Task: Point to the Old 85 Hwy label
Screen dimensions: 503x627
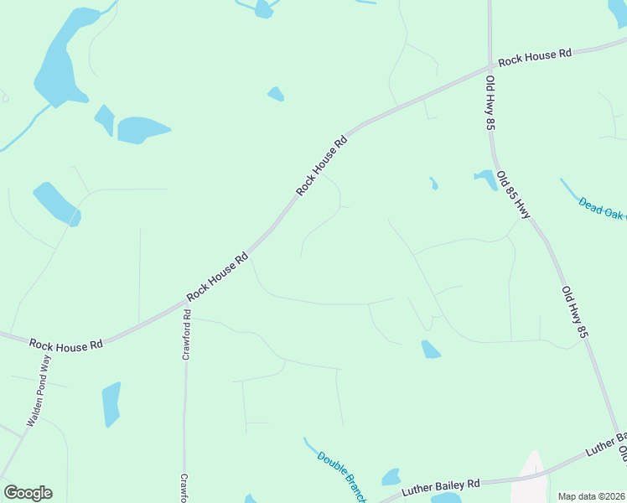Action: point(513,195)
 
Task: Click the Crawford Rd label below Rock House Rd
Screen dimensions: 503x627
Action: point(187,335)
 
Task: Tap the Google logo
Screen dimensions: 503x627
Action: point(28,493)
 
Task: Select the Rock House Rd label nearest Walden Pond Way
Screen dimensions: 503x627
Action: point(65,344)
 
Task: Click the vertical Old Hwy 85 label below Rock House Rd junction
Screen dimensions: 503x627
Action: point(490,102)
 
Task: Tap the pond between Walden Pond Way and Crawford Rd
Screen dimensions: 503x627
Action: point(111,404)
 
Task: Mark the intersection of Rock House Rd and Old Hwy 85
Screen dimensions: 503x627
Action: point(490,67)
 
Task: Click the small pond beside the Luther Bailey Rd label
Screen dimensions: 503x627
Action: point(391,478)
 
